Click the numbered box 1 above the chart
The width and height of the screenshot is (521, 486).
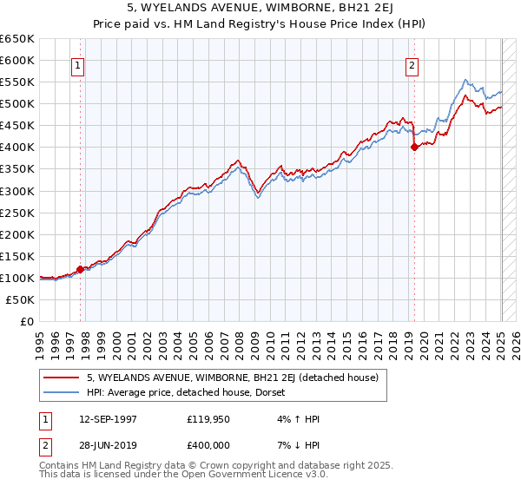[x=78, y=65]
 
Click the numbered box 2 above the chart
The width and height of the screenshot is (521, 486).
[x=412, y=65]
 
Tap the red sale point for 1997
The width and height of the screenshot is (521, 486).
[x=81, y=269]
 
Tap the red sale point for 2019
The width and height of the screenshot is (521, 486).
[x=414, y=148]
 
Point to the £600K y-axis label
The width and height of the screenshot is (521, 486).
[x=17, y=60]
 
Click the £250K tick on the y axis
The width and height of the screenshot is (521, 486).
[x=17, y=213]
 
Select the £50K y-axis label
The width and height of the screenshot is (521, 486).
[x=21, y=299]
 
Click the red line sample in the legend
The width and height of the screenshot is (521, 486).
[x=62, y=378]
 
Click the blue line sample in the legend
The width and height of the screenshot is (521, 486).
[x=62, y=392]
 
